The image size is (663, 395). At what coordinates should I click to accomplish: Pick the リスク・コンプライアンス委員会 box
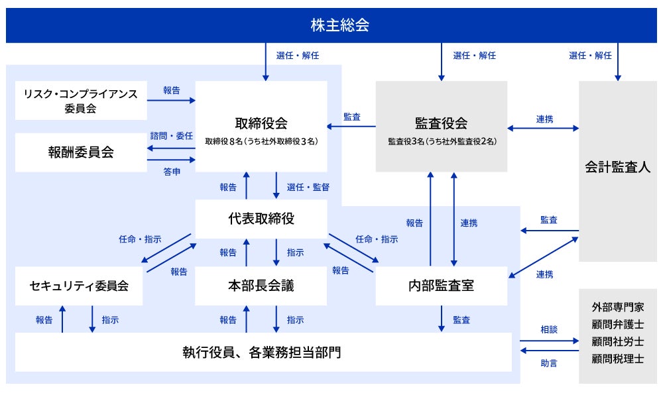click(x=81, y=101)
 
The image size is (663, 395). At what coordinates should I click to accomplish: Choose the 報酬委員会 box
click(x=81, y=152)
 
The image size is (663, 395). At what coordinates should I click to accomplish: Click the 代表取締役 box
click(x=261, y=219)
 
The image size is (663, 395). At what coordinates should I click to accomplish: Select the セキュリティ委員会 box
click(x=78, y=286)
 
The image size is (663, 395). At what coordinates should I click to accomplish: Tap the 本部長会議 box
click(x=261, y=286)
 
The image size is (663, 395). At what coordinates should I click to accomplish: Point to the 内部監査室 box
click(x=441, y=286)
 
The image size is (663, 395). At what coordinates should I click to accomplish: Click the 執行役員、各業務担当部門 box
click(x=263, y=352)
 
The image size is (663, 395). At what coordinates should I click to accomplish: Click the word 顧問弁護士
click(x=618, y=325)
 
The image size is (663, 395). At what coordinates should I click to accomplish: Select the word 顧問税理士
click(x=618, y=359)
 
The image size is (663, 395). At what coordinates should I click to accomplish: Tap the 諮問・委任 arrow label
click(x=171, y=136)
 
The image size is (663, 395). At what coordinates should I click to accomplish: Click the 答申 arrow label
click(x=171, y=171)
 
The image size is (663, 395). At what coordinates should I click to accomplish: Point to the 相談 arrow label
click(x=548, y=329)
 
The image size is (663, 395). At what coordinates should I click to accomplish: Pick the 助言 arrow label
click(x=548, y=363)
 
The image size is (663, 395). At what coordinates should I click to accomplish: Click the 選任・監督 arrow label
click(x=308, y=187)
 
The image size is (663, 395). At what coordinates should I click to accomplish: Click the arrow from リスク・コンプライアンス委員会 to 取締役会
click(x=171, y=101)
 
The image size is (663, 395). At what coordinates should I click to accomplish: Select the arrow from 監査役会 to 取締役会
click(x=351, y=125)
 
